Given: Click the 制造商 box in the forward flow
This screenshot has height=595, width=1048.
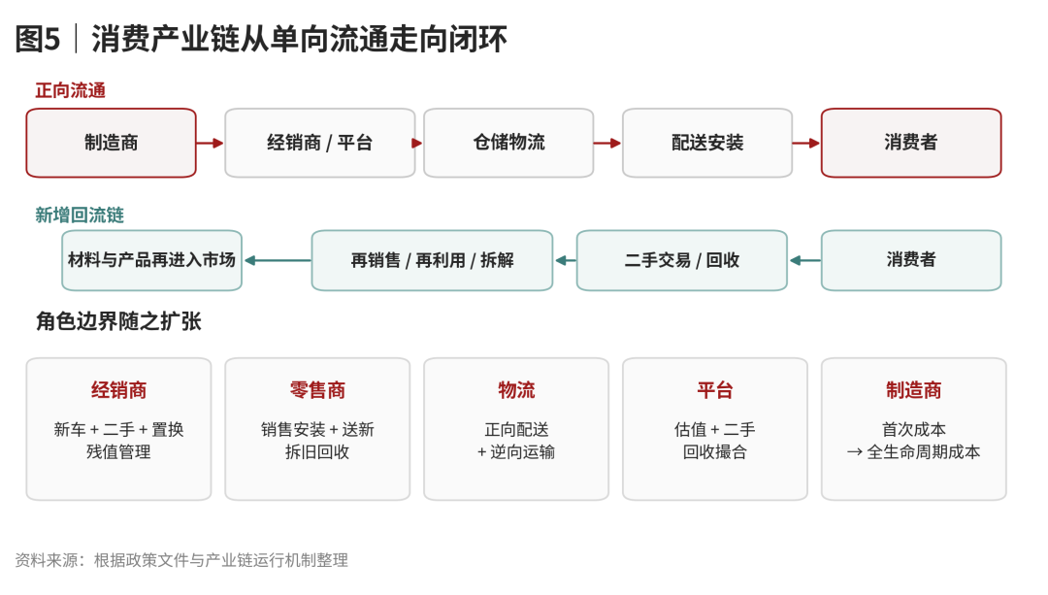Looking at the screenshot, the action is [x=111, y=143].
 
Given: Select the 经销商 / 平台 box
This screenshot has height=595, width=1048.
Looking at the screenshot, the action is [x=319, y=143].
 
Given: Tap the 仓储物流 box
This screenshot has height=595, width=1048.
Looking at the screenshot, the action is [x=508, y=143].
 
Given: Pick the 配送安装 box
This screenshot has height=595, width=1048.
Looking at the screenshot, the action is [x=707, y=143].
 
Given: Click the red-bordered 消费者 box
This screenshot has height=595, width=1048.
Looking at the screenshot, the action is [x=911, y=143].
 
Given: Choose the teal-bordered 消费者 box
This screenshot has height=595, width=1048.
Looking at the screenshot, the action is [x=911, y=260].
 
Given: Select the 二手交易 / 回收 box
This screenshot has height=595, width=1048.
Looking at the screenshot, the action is [x=682, y=260].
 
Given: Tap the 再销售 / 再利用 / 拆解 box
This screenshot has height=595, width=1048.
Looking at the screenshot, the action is [x=432, y=260].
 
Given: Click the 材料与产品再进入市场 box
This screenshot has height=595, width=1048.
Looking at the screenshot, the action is [x=151, y=260].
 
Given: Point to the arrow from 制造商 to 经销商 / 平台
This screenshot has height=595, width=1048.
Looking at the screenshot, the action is [x=210, y=143].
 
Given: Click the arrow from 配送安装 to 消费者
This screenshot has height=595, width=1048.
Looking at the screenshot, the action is [x=806, y=143].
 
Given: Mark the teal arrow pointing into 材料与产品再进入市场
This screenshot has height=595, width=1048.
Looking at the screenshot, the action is [x=278, y=260].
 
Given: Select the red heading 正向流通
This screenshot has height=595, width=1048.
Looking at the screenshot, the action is [x=70, y=90].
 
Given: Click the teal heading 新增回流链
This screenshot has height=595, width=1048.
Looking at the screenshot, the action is [x=80, y=215].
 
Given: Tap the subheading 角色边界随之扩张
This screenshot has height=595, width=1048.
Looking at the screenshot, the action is [x=118, y=321].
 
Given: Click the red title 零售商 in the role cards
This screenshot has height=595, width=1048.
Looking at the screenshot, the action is [x=317, y=390].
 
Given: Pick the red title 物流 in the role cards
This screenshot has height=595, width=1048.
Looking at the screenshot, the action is [x=516, y=390].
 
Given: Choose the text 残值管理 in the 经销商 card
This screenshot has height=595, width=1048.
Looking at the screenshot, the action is [x=118, y=452].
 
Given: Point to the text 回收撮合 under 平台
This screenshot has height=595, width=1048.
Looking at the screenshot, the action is [x=714, y=452].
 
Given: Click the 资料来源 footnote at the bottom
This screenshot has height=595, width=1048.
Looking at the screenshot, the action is [x=181, y=560].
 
